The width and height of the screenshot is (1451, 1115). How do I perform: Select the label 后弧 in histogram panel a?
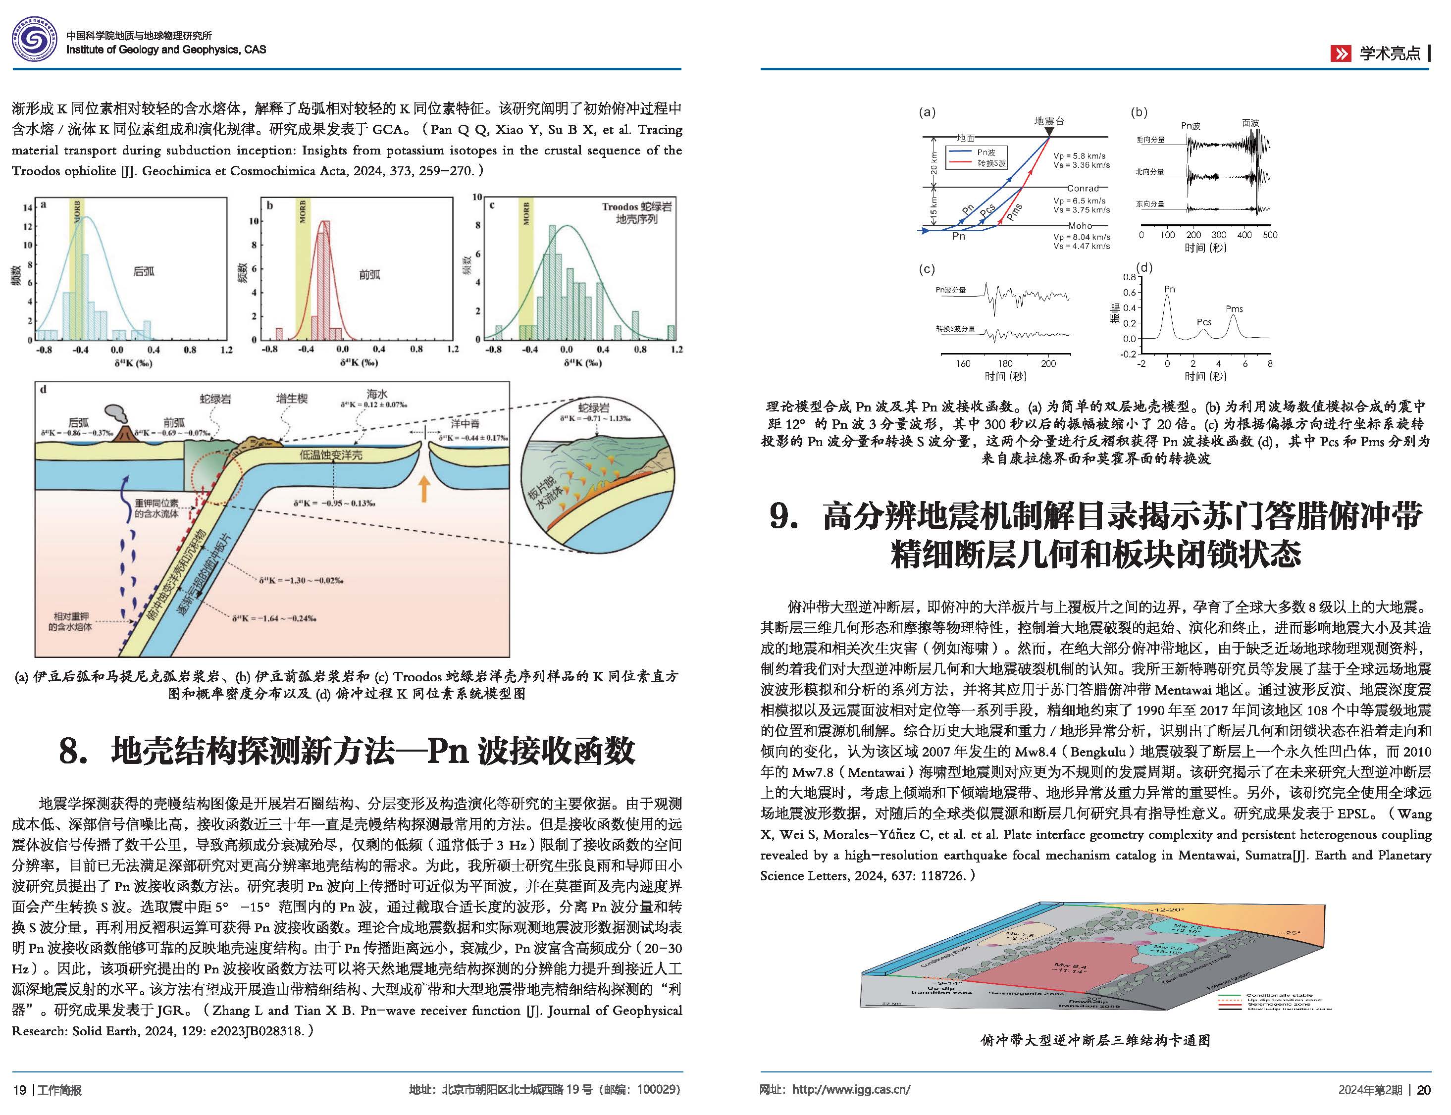click(x=144, y=271)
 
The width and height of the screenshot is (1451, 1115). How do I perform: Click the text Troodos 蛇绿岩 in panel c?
click(x=636, y=207)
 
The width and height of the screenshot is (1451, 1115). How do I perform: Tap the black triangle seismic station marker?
click(x=1049, y=133)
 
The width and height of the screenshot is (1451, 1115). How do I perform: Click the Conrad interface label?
click(x=1083, y=189)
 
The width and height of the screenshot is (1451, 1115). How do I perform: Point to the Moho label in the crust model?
click(x=1080, y=226)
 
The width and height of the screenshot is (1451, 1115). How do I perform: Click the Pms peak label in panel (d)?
click(x=1234, y=308)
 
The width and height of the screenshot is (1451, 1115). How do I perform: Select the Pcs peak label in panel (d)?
click(x=1203, y=322)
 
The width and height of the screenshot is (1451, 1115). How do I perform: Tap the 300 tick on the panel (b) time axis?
click(x=1219, y=235)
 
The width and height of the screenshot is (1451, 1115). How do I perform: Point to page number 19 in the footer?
click(x=19, y=1090)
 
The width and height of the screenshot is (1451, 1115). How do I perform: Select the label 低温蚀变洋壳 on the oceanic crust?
click(x=330, y=456)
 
